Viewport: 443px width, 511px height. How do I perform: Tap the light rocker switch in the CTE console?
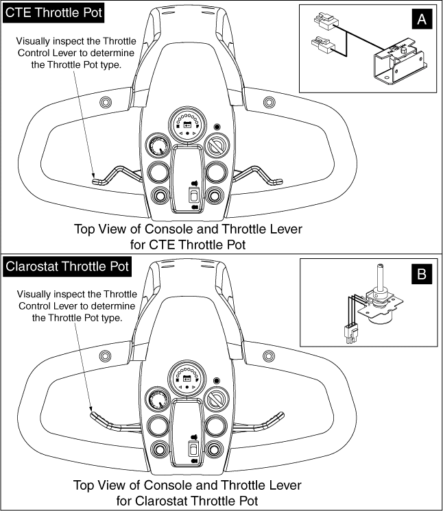click(x=195, y=194)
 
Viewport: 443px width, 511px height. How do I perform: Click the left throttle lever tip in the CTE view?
click(x=96, y=181)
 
